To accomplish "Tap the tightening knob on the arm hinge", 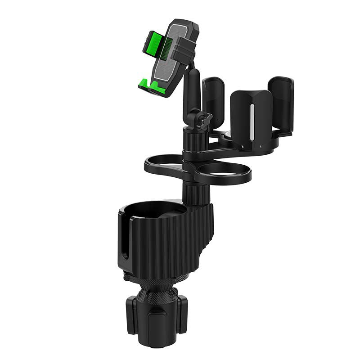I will pos(206,120).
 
